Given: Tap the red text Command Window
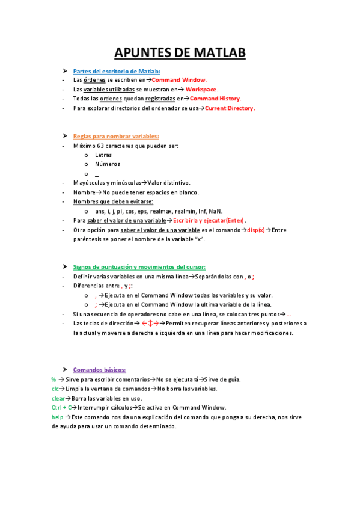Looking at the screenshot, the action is point(178,79).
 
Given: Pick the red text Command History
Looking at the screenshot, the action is point(215,99).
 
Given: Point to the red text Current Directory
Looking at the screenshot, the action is point(230,108).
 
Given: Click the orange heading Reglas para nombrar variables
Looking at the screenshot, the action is point(116,136).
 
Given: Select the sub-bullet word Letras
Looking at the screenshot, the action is point(103,155).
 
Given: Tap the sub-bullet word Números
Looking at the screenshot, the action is point(108,164).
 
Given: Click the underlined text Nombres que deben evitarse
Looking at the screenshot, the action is point(113,201).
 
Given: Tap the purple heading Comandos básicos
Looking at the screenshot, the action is point(99,369).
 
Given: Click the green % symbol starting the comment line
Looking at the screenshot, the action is point(53,379).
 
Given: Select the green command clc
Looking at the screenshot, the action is point(55,389).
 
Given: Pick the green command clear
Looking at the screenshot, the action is point(58,398).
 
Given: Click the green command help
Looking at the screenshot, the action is point(57,417).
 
